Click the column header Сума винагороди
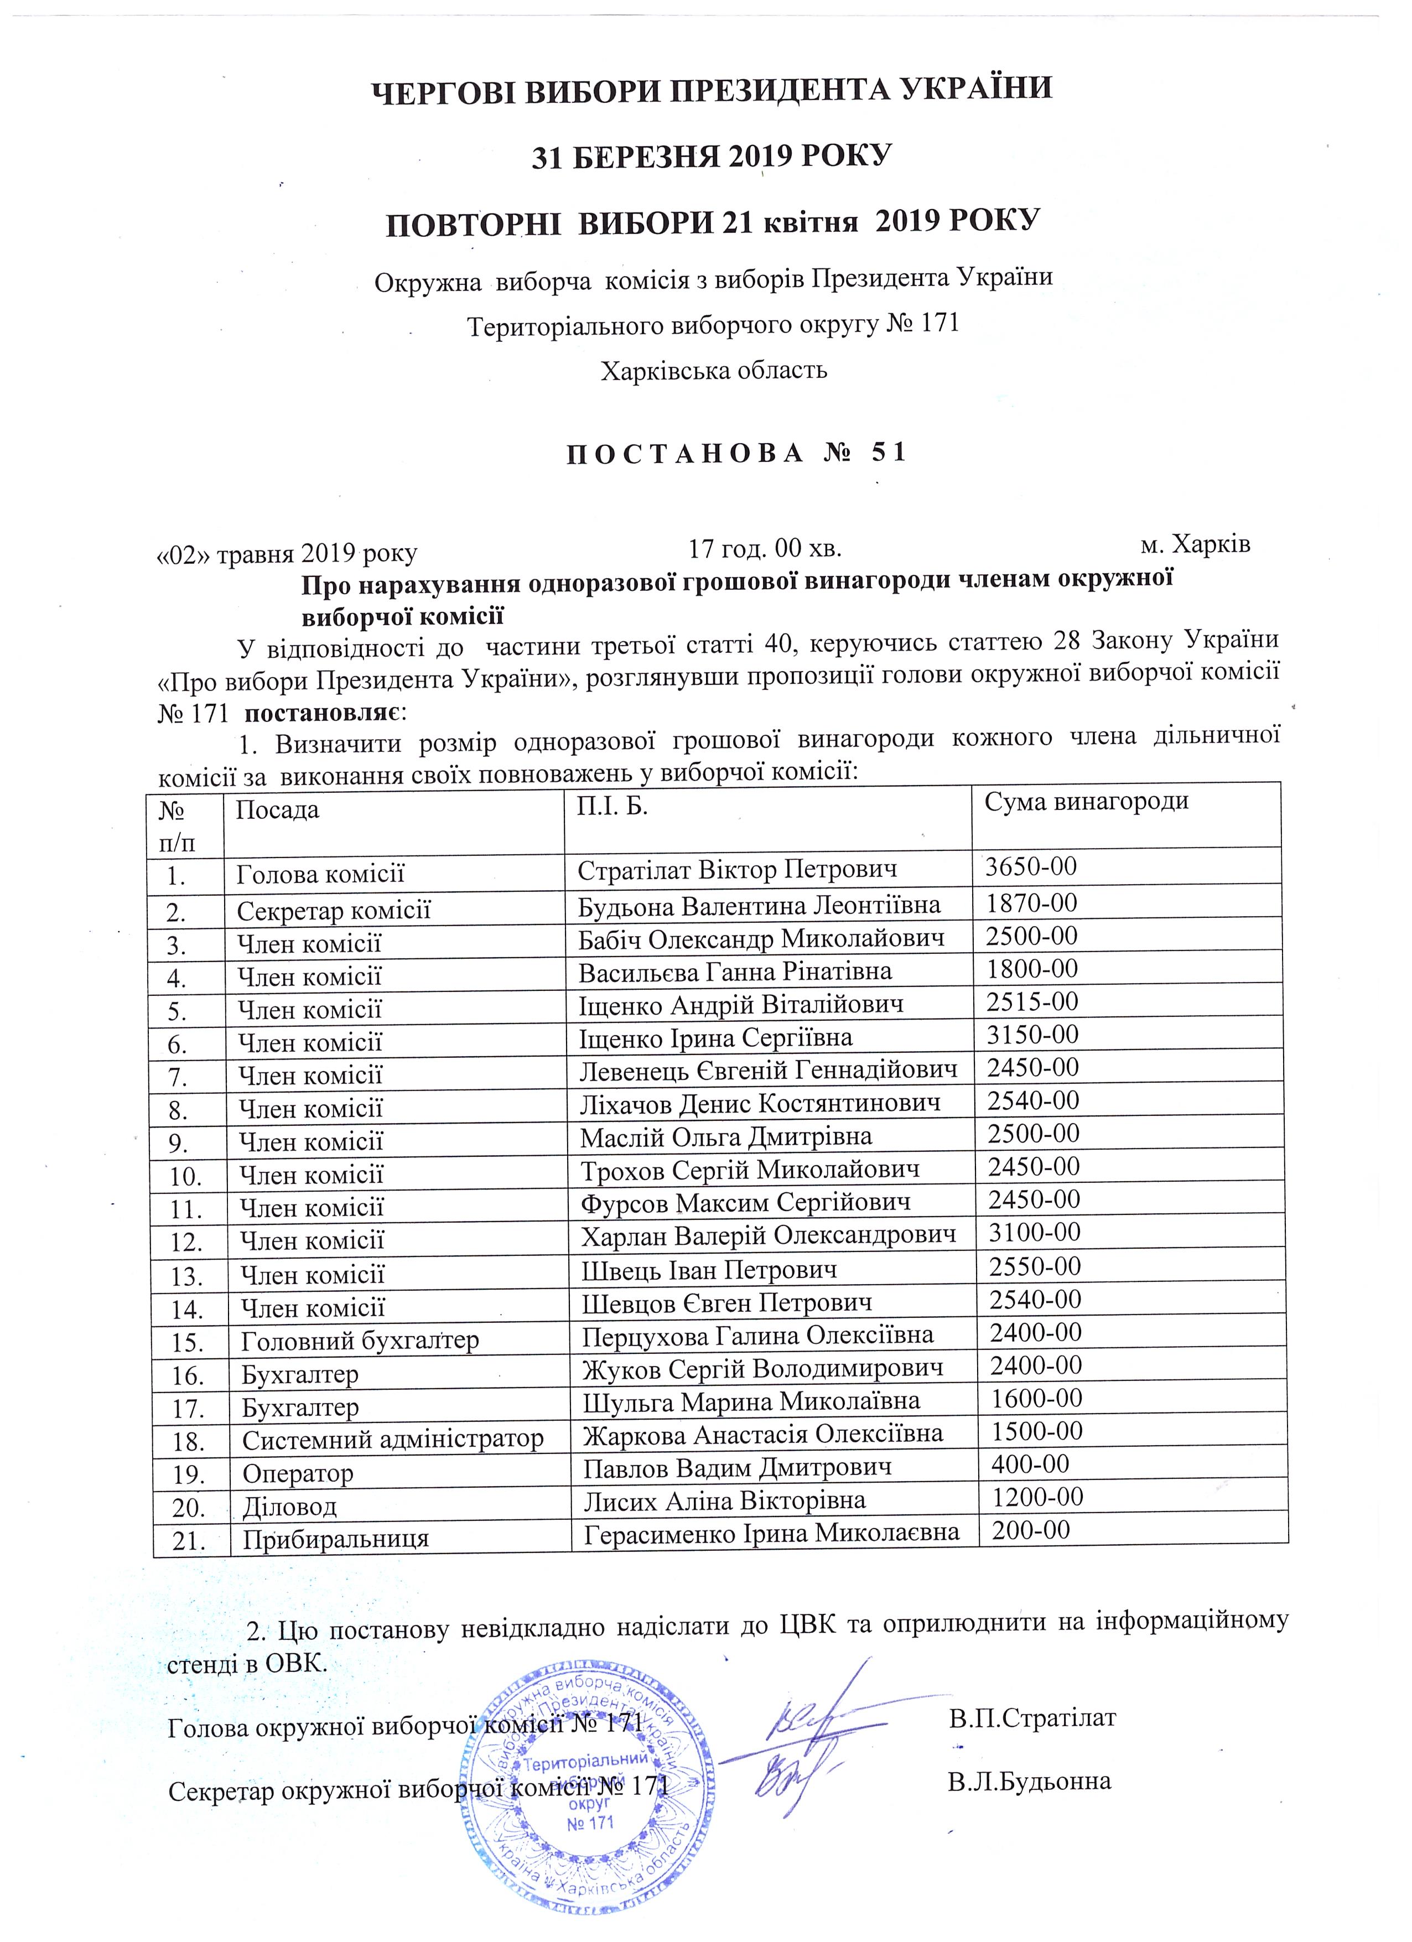(x=1086, y=802)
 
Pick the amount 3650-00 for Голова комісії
(x=1030, y=866)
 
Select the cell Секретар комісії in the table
(x=333, y=910)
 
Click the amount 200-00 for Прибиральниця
(x=1030, y=1530)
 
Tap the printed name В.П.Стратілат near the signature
(x=1032, y=1718)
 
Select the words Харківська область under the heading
(x=713, y=370)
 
